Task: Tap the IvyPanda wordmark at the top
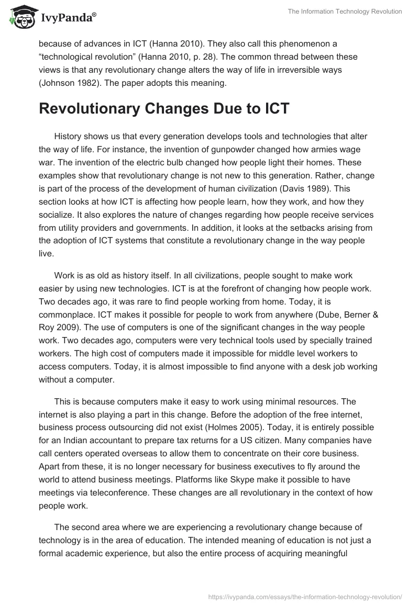click(68, 19)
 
